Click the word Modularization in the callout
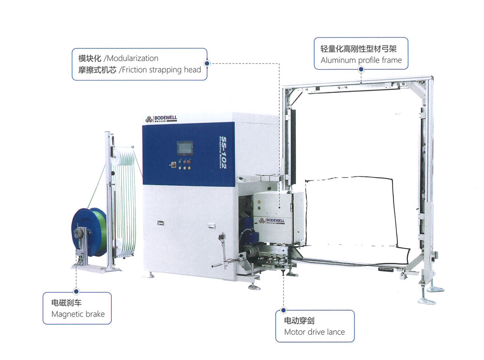point(131,59)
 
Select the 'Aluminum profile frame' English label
point(361,60)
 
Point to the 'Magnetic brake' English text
point(77,314)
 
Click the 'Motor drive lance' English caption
point(314,332)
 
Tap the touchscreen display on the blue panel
point(185,148)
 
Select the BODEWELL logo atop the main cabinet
point(165,119)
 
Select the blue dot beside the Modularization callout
point(207,63)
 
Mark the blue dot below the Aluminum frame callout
point(361,69)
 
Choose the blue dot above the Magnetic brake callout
point(76,291)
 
